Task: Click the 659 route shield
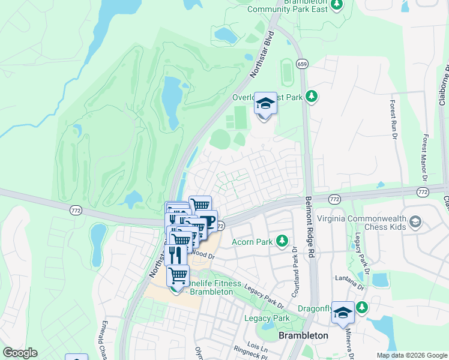pyautogui.click(x=303, y=64)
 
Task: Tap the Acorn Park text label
pyautogui.click(x=253, y=242)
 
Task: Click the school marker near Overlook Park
pyautogui.click(x=265, y=104)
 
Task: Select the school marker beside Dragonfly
pyautogui.click(x=343, y=313)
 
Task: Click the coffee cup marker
pyautogui.click(x=207, y=223)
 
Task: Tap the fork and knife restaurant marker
pyautogui.click(x=175, y=254)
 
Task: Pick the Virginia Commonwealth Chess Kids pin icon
pyautogui.click(x=414, y=223)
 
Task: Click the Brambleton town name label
pyautogui.click(x=303, y=335)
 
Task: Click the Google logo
pyautogui.click(x=20, y=353)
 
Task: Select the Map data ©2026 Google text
pyautogui.click(x=411, y=355)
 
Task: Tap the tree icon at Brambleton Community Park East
pyautogui.click(x=337, y=5)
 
